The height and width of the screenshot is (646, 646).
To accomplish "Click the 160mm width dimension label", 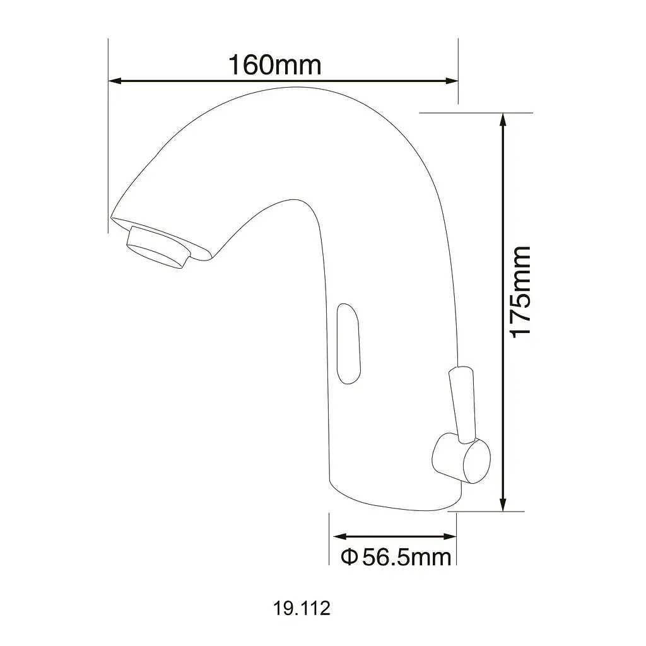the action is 274,65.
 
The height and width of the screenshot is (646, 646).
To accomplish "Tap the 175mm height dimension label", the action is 520,292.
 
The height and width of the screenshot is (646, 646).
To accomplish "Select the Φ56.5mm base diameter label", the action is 396,557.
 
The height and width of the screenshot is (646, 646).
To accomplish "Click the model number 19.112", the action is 302,608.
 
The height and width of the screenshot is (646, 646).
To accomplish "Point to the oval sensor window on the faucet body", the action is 348,344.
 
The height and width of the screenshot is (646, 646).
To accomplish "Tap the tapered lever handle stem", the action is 463,404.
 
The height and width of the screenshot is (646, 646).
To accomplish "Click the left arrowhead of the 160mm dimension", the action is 115,81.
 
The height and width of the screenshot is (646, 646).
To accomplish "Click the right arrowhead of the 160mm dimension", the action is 452,81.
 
